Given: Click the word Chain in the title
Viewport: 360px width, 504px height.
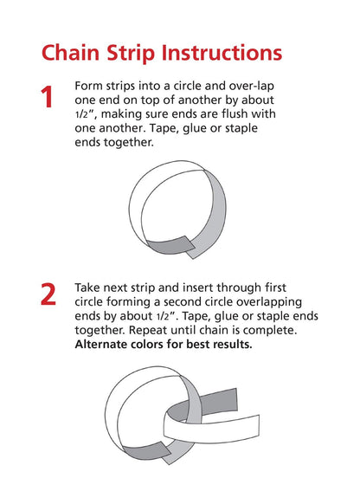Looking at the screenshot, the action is click(70, 53).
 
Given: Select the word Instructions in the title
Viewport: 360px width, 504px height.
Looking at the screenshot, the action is click(222, 53).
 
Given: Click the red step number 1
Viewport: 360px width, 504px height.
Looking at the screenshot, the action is click(47, 97).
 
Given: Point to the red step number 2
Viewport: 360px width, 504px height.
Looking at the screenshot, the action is click(48, 294).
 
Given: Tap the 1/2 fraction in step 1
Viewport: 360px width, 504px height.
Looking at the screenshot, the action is click(81, 114).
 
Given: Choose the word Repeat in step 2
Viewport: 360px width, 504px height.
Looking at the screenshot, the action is click(148, 331).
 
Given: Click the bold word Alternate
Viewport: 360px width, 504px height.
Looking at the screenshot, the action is click(101, 345).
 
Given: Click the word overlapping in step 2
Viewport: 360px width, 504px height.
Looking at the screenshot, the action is click(269, 302).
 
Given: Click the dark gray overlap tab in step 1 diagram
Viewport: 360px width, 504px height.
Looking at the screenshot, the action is click(170, 246).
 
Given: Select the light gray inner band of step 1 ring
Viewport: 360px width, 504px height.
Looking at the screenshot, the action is click(213, 218).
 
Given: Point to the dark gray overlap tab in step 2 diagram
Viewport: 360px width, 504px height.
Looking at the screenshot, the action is click(146, 450).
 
